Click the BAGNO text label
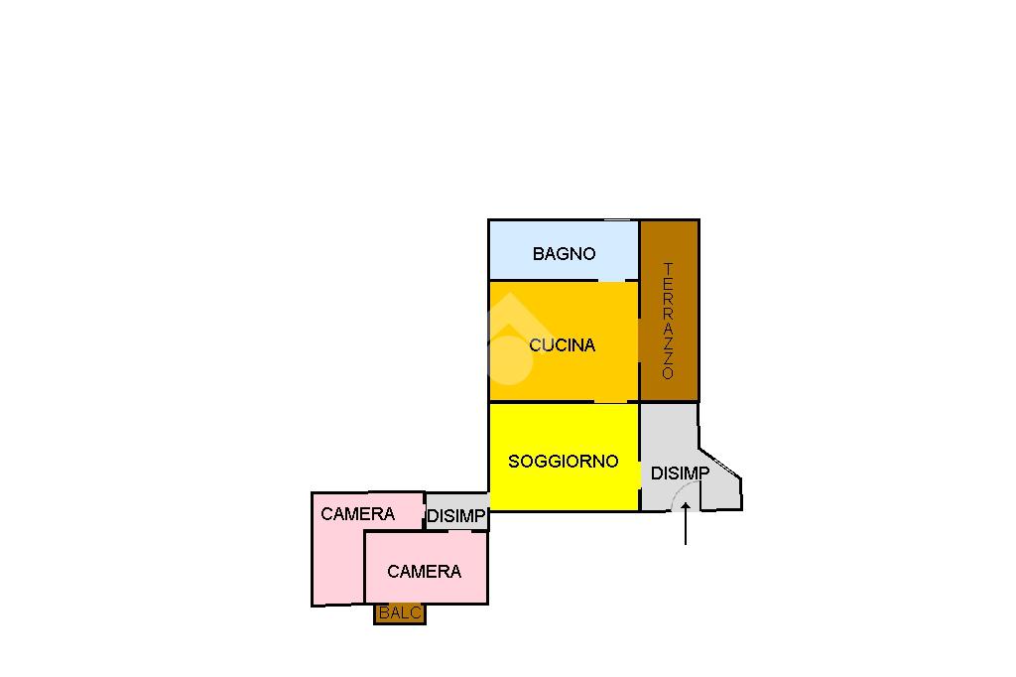pos(564,253)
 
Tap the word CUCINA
pos(562,345)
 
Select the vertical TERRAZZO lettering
pos(668,321)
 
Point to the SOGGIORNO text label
pos(563,461)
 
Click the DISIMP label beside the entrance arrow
pos(680,474)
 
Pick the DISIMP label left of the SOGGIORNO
pos(456,516)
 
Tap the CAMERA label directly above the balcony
pos(424,572)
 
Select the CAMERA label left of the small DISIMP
pos(357,514)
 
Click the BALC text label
pos(400,613)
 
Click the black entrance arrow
pos(686,526)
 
